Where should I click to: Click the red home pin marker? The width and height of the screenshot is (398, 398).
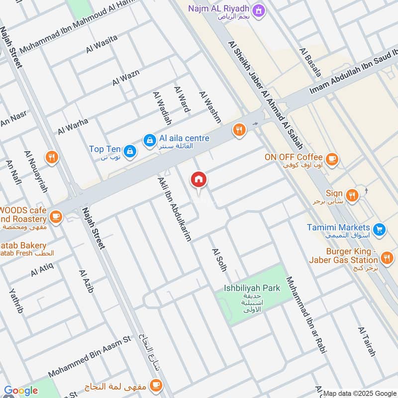pos(198,180)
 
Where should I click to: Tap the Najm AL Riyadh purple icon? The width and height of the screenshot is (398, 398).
pos(258,9)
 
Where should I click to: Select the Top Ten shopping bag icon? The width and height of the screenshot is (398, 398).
pos(130,150)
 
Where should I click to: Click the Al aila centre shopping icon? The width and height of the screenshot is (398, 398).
pos(149,141)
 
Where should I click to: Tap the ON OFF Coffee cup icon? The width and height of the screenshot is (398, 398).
pos(332,159)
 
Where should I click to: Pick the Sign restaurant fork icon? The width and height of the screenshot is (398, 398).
pos(352,195)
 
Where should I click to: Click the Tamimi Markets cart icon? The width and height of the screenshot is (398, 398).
pos(380,229)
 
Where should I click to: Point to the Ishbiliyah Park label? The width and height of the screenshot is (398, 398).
pos(251,288)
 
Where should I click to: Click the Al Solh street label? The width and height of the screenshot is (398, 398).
pos(219,260)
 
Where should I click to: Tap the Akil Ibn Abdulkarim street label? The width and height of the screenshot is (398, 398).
pos(174,209)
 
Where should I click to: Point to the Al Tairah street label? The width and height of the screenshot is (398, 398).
pos(366,342)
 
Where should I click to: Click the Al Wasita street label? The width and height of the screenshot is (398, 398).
pos(101,44)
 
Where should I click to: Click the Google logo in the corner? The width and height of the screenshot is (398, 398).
pos(21,391)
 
